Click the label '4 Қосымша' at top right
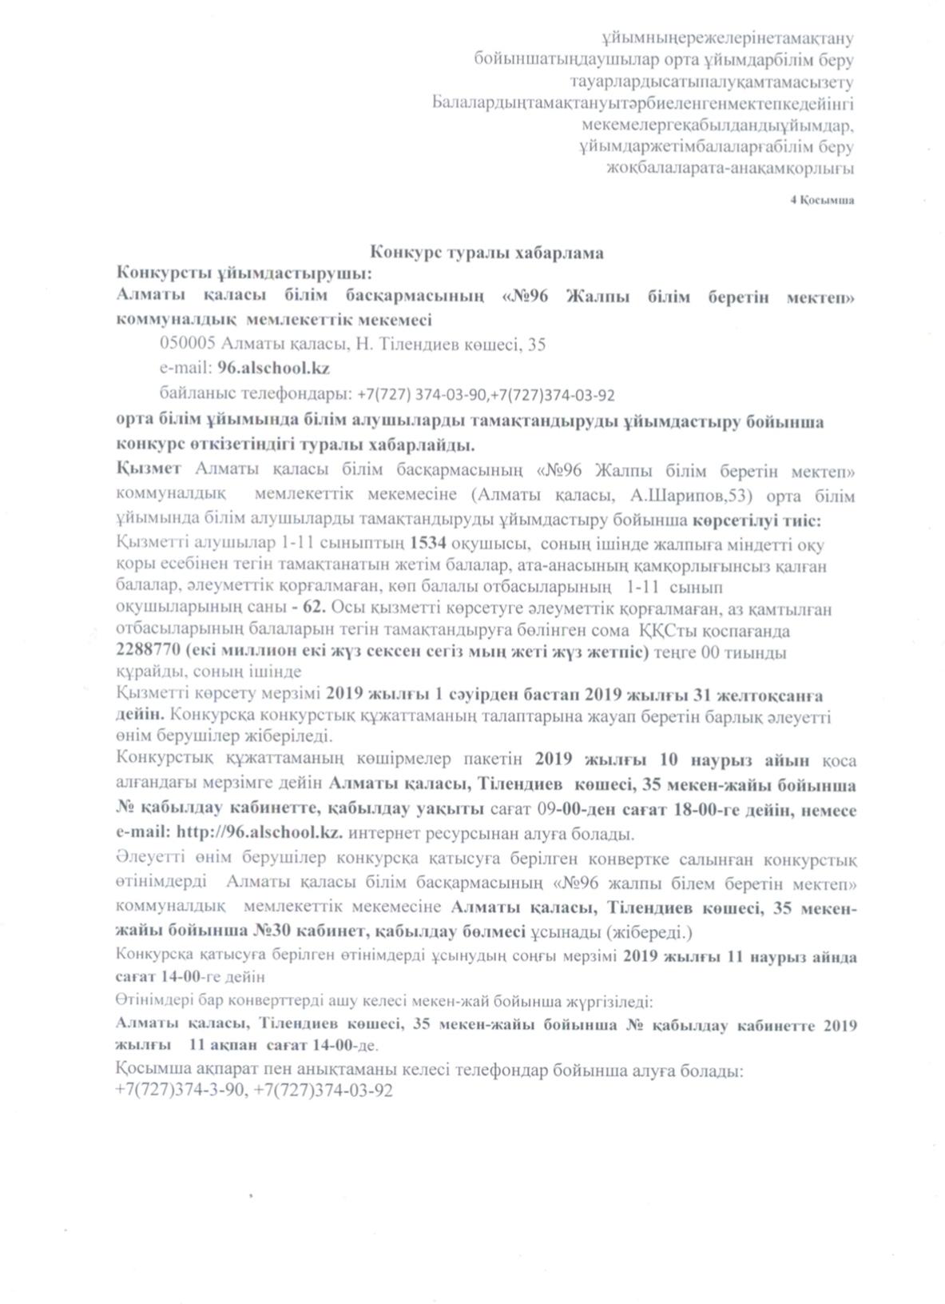tap(821, 200)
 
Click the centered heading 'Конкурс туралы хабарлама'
tap(486, 253)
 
